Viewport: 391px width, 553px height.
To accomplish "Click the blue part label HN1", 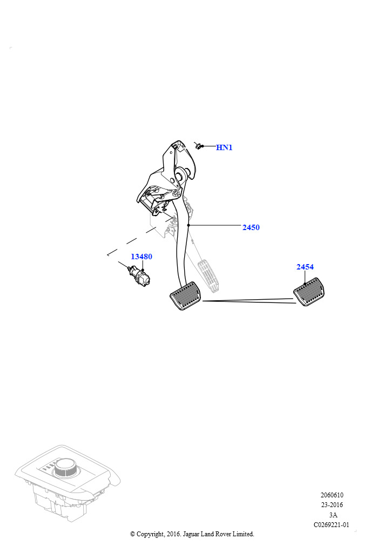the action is [224, 147].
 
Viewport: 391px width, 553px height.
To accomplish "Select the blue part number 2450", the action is [251, 227].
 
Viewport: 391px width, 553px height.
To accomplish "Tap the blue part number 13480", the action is [141, 257].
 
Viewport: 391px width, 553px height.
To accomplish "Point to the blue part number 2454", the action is [305, 267].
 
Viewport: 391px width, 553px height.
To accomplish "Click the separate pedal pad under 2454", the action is [309, 292].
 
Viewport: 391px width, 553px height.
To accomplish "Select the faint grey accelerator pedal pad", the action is [208, 274].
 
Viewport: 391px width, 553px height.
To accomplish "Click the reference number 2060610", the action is [332, 495].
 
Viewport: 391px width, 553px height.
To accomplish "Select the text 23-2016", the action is [332, 505].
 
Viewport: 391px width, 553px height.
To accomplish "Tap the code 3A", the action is [333, 515].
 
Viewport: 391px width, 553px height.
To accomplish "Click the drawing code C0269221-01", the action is [332, 525].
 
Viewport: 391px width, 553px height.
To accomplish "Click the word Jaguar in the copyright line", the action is [191, 534].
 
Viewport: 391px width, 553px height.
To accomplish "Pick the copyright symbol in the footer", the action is [132, 534].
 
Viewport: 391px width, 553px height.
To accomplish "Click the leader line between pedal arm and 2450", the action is [214, 225].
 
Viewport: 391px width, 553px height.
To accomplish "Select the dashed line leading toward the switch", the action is [139, 237].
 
